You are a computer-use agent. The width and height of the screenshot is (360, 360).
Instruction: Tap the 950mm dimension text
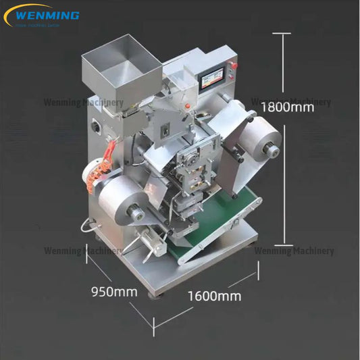pos(114,292)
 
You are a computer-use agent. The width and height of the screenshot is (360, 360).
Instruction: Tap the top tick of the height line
pos(282,33)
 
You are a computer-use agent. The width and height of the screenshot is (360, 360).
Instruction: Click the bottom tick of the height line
pos(282,245)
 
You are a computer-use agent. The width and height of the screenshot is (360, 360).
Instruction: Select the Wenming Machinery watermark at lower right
pos(294,251)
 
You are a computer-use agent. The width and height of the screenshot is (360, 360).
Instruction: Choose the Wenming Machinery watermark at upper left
pos(83,103)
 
